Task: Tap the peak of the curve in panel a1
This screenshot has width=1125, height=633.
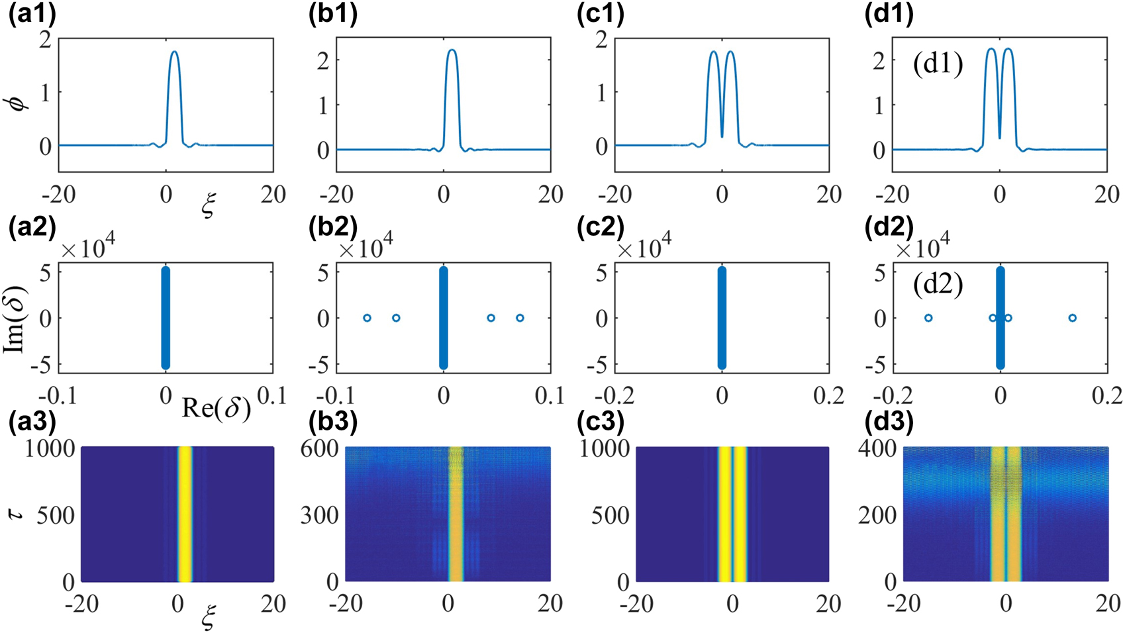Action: [174, 52]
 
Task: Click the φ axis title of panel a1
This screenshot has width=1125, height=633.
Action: [21, 102]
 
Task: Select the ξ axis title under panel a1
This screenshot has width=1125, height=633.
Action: [209, 207]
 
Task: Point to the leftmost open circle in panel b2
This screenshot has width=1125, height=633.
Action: [367, 318]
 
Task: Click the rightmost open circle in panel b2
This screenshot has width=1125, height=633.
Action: [520, 318]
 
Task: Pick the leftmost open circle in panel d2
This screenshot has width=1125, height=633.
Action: [928, 318]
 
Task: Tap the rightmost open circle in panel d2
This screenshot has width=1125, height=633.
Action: [1072, 318]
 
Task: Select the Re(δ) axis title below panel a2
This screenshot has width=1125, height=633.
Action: [216, 409]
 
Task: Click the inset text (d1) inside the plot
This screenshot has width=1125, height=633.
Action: [938, 65]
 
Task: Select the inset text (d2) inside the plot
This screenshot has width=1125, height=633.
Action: [938, 285]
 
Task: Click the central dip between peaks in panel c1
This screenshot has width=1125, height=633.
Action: [722, 136]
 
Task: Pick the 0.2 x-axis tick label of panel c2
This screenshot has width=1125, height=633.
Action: [828, 396]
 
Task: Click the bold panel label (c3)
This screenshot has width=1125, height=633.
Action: [600, 422]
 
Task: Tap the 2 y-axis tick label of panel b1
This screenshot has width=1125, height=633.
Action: [323, 60]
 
